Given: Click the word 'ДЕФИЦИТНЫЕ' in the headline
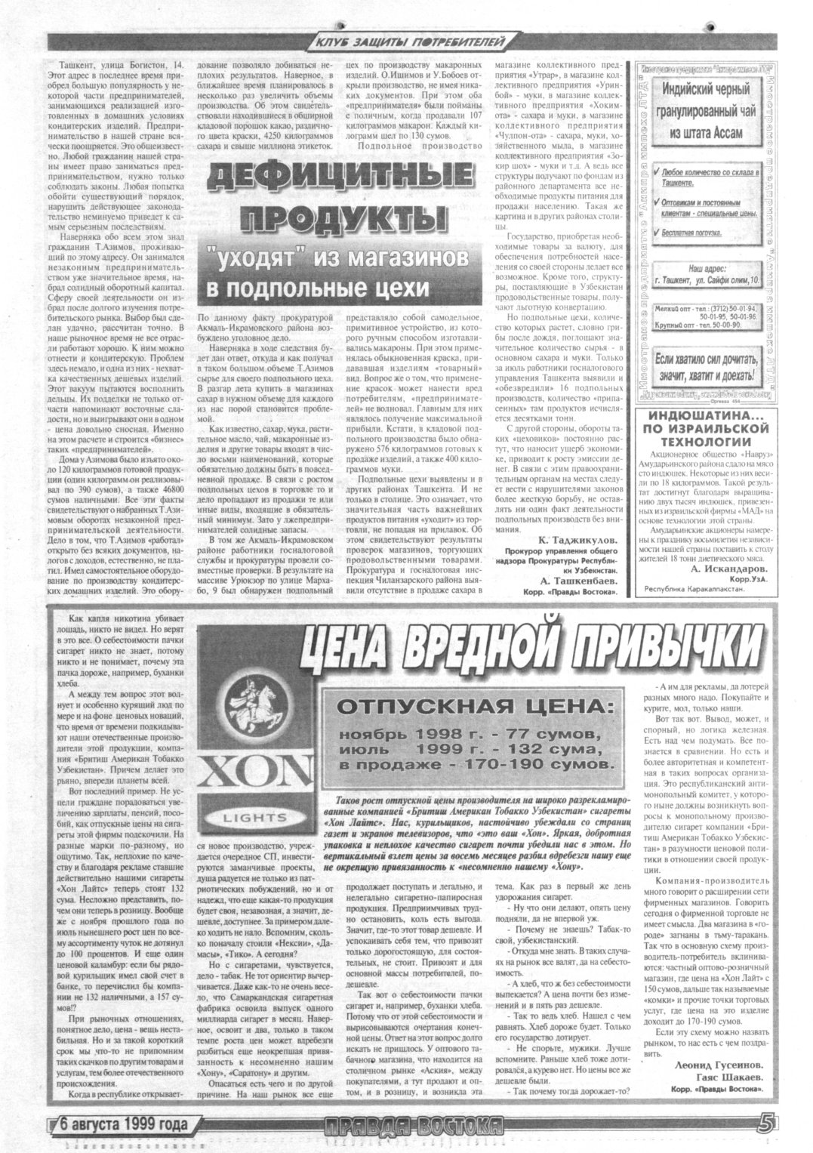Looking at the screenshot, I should [x=327, y=180].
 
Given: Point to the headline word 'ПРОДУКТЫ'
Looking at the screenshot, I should [x=327, y=220].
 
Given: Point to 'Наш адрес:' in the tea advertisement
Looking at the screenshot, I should [x=705, y=267].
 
